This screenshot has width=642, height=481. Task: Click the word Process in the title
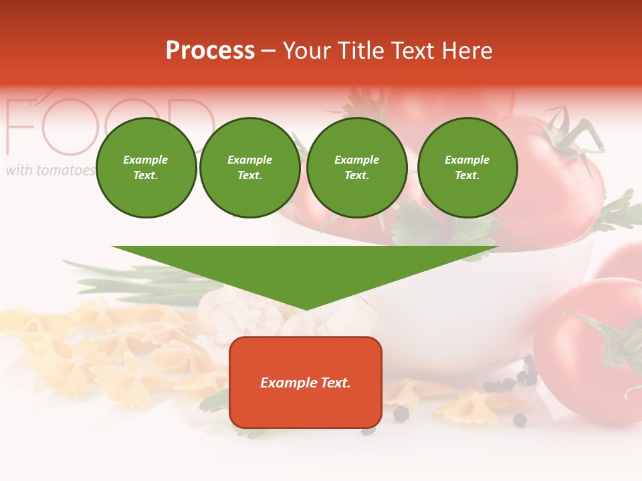point(210,51)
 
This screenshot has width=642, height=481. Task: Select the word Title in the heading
point(360,51)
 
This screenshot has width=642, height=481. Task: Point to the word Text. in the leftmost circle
point(146,176)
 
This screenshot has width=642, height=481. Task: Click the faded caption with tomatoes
point(50,170)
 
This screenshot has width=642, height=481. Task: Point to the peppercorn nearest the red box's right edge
point(401,414)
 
